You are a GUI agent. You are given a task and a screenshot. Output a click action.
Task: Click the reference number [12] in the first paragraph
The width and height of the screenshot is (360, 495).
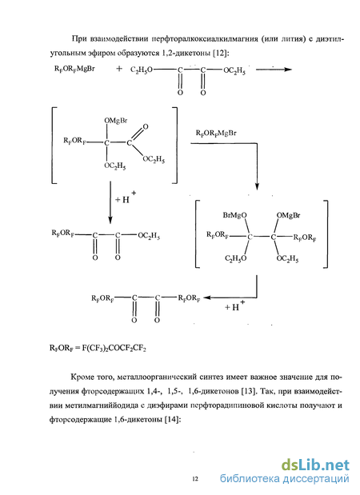pyautogui.click(x=221, y=53)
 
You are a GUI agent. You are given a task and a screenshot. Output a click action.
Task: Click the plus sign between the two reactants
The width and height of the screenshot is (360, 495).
pyautogui.click(x=119, y=69)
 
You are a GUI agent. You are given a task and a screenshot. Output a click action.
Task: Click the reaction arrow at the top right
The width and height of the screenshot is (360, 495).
pyautogui.click(x=274, y=70)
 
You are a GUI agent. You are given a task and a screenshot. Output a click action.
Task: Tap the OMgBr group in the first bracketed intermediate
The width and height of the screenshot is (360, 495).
pyautogui.click(x=116, y=121)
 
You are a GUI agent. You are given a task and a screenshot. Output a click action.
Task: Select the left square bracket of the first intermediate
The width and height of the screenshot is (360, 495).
pyautogui.click(x=52, y=146)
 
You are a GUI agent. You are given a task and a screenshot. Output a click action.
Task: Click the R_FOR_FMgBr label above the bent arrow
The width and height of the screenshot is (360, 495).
pyautogui.click(x=216, y=134)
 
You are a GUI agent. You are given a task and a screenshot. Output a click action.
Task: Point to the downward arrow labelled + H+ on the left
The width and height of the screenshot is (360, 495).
pyautogui.click(x=110, y=202)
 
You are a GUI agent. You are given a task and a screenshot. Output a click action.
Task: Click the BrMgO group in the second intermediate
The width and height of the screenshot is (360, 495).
pyautogui.click(x=234, y=215)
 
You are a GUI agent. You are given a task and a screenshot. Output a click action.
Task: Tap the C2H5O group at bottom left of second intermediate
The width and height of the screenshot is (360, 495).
pyautogui.click(x=235, y=258)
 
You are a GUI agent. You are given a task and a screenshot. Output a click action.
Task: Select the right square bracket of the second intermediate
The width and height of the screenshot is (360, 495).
pyautogui.click(x=326, y=234)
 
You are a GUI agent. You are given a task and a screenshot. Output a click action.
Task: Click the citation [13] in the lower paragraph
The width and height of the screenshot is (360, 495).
pyautogui.click(x=248, y=391)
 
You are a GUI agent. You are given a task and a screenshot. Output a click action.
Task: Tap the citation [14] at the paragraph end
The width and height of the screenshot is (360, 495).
pyautogui.click(x=172, y=420)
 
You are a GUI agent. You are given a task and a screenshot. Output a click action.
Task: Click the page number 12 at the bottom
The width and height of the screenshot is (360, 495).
pyautogui.click(x=195, y=479)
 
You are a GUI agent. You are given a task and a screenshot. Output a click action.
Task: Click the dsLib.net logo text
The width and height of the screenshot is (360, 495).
pyautogui.click(x=315, y=465)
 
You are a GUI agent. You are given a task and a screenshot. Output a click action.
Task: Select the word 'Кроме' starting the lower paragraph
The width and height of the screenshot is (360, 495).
pyautogui.click(x=82, y=377)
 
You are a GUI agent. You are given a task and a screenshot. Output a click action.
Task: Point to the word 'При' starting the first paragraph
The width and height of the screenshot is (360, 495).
pyautogui.click(x=78, y=39)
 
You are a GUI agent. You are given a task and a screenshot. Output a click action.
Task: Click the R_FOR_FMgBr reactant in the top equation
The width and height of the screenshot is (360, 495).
pyautogui.click(x=74, y=69)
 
